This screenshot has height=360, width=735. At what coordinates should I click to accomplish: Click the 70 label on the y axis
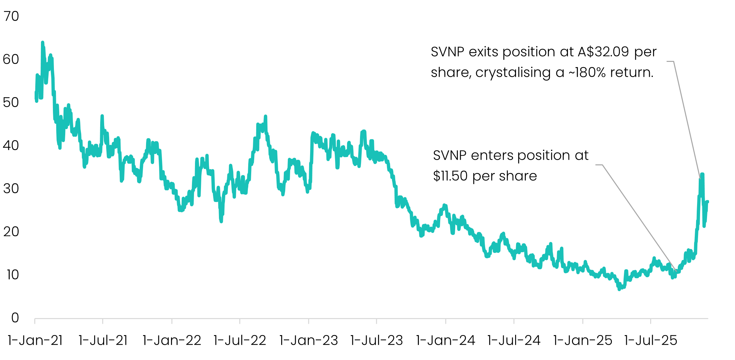(11, 16)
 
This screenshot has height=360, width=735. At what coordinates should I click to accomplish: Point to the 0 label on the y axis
(15, 318)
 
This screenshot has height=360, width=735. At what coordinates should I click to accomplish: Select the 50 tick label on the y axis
(11, 102)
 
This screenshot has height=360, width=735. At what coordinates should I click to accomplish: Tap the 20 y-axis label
(11, 232)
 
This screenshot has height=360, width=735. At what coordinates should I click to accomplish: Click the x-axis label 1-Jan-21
(35, 340)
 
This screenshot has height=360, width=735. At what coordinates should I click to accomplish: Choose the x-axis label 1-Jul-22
(240, 340)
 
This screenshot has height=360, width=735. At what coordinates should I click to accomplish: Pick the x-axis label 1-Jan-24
(446, 340)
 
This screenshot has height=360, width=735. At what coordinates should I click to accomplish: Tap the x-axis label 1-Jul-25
(650, 340)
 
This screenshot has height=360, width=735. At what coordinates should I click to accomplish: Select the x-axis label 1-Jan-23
(308, 340)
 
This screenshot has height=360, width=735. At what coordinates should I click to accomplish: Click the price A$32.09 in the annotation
(603, 52)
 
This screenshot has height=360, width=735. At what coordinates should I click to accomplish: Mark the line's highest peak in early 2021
(42, 43)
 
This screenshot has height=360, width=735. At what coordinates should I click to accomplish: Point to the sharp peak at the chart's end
(702, 174)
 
